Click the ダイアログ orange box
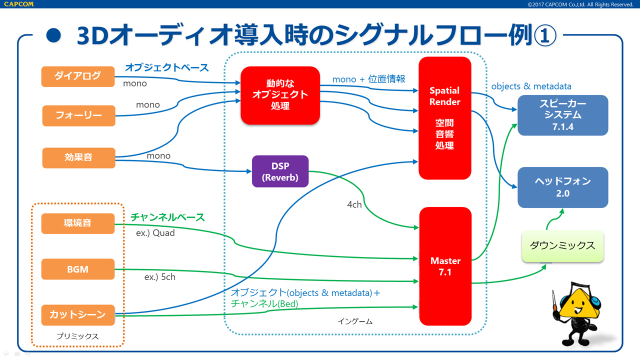coord(78,76)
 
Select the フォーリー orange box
coord(78,115)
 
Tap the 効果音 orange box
coord(78,157)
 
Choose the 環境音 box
coord(78,223)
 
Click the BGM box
coord(78,269)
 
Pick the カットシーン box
coord(78,314)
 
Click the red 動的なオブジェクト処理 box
coord(280,95)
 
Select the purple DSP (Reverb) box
coord(280,171)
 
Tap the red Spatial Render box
coord(444,118)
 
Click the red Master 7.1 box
coord(445,266)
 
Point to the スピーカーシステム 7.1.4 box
coord(562,115)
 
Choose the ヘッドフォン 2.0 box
coord(562,187)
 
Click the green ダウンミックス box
coord(562,246)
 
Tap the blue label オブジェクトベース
coord(166,67)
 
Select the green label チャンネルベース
coord(167,217)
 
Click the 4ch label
coord(354,204)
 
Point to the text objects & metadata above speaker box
coord(531,86)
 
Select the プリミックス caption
coord(77,336)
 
